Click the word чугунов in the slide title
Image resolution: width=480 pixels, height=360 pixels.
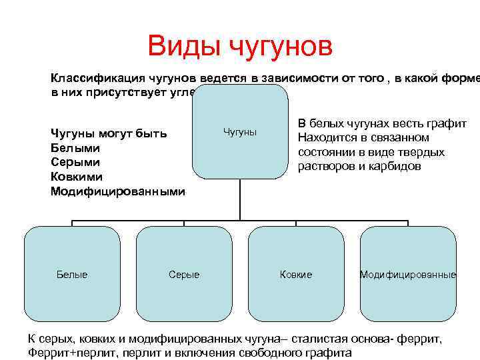point(280,47)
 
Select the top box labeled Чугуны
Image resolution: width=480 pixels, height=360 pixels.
point(240,132)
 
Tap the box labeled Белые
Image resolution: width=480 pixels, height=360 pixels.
point(72,274)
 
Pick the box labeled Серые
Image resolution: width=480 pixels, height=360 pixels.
point(184,274)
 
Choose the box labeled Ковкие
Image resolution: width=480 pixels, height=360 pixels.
point(296,274)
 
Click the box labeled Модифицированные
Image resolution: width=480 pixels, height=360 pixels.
point(408,274)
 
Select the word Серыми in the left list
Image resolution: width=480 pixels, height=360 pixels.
point(75,162)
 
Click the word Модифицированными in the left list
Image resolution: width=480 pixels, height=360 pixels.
point(117,191)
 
